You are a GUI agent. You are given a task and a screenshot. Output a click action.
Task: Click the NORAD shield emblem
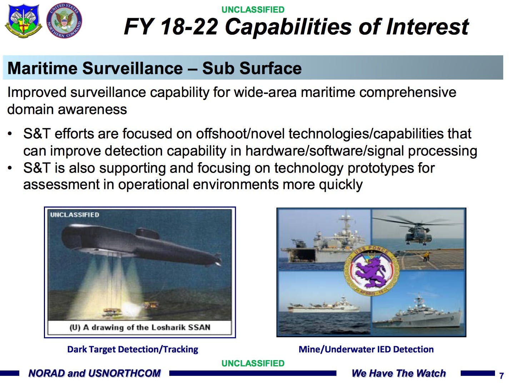[23, 21]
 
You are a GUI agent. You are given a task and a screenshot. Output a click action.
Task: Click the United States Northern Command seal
[64, 20]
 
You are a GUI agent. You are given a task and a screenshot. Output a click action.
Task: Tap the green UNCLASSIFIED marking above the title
[253, 10]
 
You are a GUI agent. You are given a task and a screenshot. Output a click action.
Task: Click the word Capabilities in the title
[288, 27]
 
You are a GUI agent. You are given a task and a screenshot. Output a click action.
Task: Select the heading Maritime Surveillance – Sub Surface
[155, 68]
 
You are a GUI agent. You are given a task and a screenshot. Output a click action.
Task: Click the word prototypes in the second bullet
[381, 168]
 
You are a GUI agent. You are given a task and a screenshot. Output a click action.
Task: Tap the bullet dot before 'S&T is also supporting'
[10, 168]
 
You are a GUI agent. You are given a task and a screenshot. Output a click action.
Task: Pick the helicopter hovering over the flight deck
[418, 232]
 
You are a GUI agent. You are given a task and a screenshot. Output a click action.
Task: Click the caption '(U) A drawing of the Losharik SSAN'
[140, 328]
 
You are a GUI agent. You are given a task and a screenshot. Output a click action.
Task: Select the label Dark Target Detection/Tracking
[132, 349]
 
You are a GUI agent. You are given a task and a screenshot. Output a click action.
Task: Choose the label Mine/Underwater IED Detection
[366, 349]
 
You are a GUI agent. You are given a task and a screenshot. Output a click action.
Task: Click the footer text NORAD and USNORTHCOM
[94, 373]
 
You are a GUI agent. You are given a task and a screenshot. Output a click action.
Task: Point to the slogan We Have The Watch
[399, 373]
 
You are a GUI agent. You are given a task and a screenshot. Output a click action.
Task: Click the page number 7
[501, 376]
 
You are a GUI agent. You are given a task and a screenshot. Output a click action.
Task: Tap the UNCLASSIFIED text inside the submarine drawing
[75, 215]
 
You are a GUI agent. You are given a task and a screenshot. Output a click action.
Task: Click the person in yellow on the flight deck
[426, 257]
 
